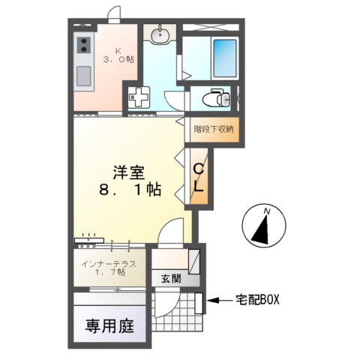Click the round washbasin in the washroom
pyautogui.click(x=159, y=34)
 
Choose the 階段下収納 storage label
pyautogui.click(x=214, y=129)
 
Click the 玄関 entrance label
pyautogui.click(x=171, y=278)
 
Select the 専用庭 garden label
pyautogui.click(x=109, y=325)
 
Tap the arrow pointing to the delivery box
pyautogui.click(x=217, y=301)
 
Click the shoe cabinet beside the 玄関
pyautogui.click(x=194, y=262)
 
